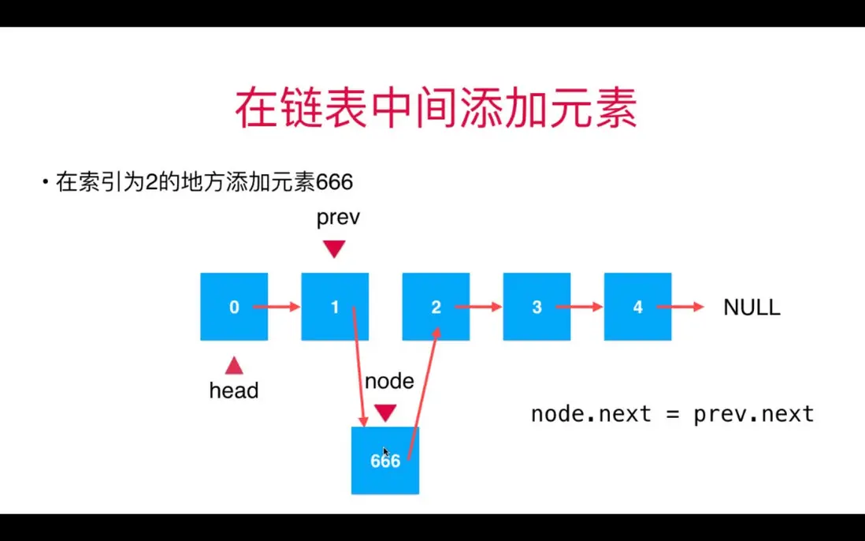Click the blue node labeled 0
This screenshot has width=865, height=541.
pyautogui.click(x=234, y=307)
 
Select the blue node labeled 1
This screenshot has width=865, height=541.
pyautogui.click(x=335, y=307)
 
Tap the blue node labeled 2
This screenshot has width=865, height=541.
pyautogui.click(x=436, y=307)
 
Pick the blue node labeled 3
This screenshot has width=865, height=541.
pyautogui.click(x=536, y=307)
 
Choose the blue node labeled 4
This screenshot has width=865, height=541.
pyautogui.click(x=637, y=307)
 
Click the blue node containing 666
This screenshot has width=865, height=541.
pyautogui.click(x=385, y=461)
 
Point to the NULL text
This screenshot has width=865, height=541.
pyautogui.click(x=752, y=308)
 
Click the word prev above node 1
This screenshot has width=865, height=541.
pyautogui.click(x=338, y=218)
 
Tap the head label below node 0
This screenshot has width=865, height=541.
pyautogui.click(x=234, y=390)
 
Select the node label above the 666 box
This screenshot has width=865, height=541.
pyautogui.click(x=389, y=382)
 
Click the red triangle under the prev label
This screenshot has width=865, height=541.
pyautogui.click(x=335, y=250)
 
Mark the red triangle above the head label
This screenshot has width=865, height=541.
pyautogui.click(x=234, y=365)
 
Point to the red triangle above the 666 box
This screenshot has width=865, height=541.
pyautogui.click(x=385, y=412)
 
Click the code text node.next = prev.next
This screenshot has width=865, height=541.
pyautogui.click(x=672, y=414)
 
